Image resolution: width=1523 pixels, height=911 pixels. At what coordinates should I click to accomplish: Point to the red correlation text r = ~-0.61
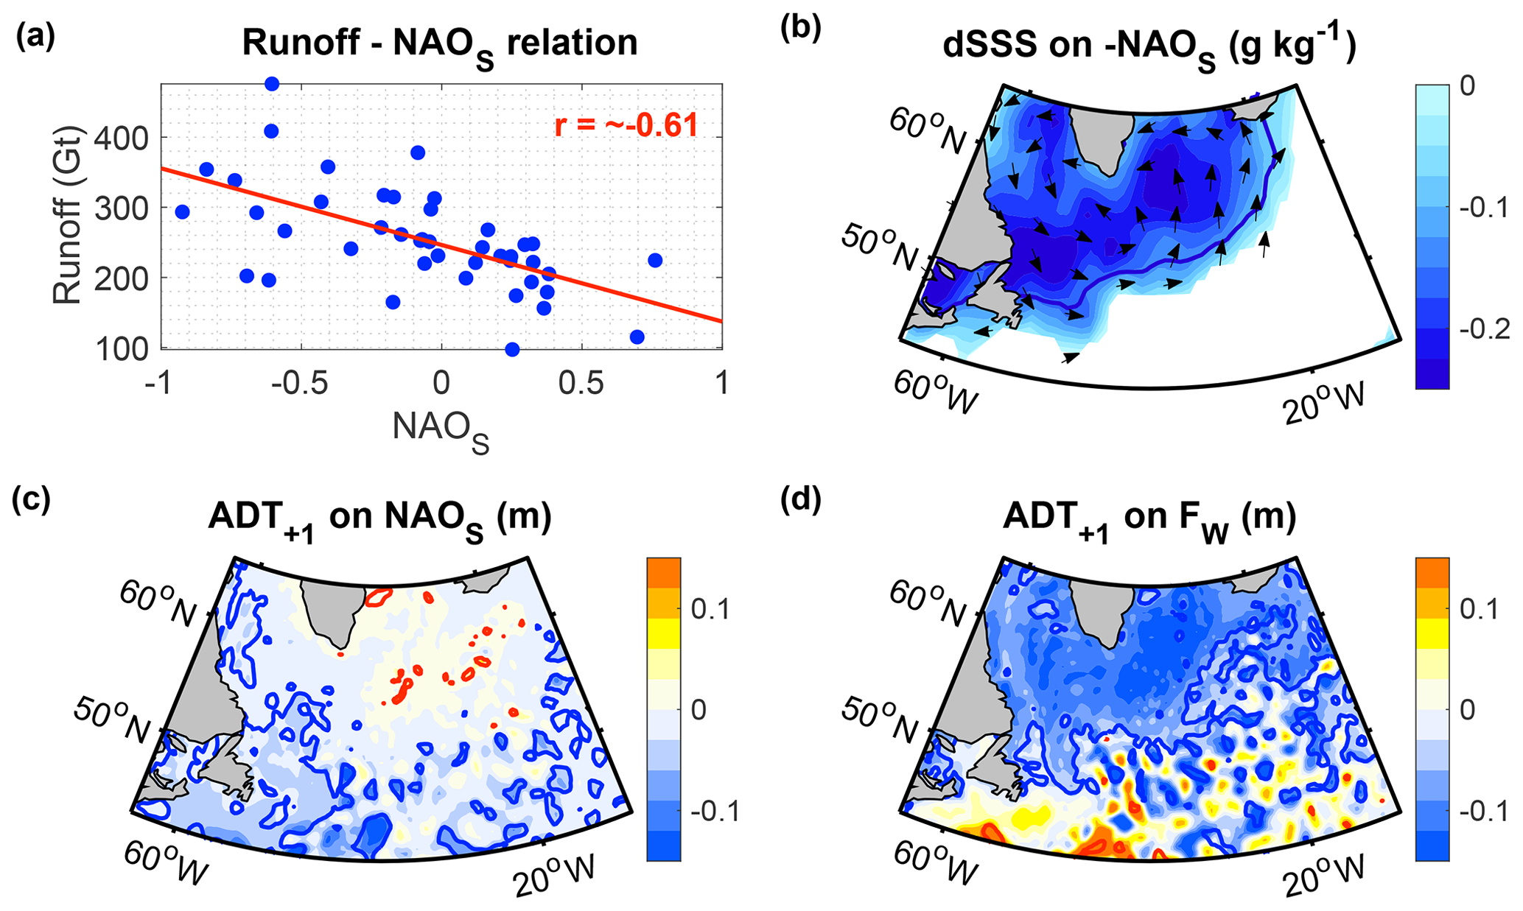point(626,126)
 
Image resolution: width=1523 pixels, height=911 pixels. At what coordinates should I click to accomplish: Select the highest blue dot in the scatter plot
point(272,84)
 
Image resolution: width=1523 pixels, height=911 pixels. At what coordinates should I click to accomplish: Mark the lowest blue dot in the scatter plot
point(512,349)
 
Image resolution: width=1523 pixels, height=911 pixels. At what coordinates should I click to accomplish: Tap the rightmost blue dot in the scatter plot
point(654,260)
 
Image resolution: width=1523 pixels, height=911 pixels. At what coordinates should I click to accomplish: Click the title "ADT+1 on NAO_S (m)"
point(379,519)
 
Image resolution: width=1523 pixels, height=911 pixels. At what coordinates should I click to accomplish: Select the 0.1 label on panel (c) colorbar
point(711,610)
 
